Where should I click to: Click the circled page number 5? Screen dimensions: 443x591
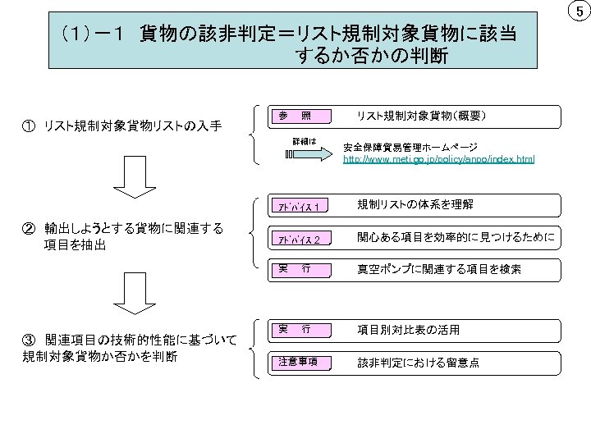(x=579, y=12)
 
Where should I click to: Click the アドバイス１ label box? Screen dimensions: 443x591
(x=298, y=205)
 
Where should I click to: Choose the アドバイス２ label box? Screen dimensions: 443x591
(x=298, y=239)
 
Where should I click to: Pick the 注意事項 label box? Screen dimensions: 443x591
(x=298, y=363)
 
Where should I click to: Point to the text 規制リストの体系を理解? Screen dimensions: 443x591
(x=415, y=204)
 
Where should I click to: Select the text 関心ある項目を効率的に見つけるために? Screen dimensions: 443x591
(x=456, y=238)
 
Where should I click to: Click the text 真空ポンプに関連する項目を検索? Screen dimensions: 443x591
(x=439, y=268)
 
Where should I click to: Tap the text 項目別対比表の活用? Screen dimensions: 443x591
(x=409, y=330)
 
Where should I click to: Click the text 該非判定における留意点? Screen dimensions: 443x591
(x=419, y=362)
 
